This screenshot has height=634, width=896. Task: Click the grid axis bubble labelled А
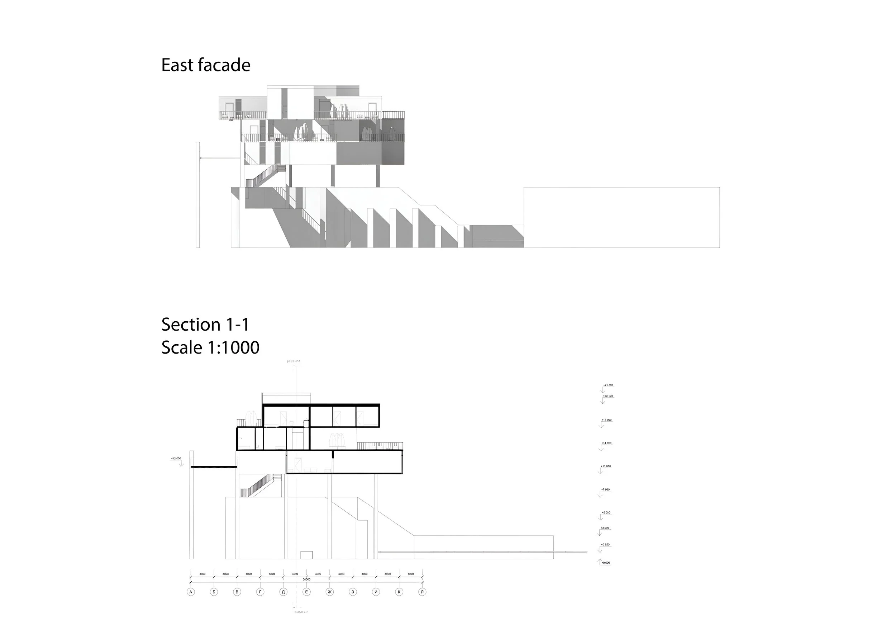191,592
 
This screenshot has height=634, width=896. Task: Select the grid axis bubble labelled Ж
330,592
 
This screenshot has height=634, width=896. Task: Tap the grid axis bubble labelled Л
422,592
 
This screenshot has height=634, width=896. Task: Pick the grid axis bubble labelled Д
283,592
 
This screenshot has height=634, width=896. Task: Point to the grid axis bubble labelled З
353,592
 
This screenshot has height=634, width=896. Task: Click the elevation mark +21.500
608,385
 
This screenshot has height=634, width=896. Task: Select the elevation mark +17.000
606,420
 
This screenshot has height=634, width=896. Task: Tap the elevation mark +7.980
605,489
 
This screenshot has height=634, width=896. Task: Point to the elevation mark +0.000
606,563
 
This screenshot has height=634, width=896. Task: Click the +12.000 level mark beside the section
176,459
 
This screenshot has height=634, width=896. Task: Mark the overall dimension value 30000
307,579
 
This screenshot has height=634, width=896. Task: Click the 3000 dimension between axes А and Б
202,574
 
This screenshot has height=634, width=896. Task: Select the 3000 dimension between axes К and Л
410,574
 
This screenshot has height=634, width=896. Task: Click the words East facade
206,65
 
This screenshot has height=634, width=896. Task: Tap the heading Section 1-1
205,325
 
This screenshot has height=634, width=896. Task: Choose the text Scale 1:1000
210,347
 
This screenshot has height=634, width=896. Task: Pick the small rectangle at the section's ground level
306,555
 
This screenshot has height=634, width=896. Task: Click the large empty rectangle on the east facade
621,217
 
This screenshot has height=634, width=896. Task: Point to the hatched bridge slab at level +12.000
214,467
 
